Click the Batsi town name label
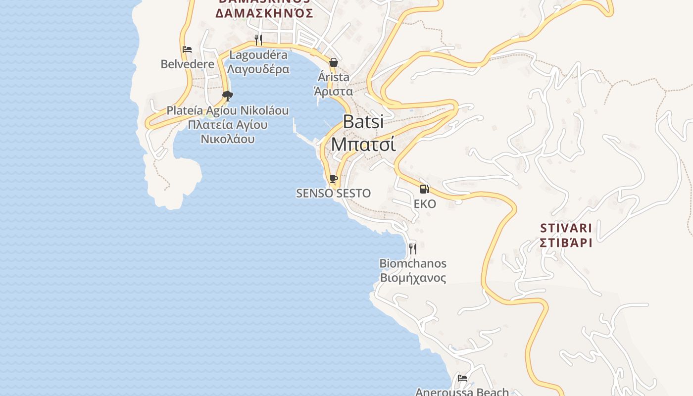(x=363, y=122)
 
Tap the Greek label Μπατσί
(x=363, y=144)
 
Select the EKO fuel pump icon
(x=424, y=189)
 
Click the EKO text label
(x=425, y=203)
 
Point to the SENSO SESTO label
(x=333, y=193)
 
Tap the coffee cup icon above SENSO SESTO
(x=333, y=179)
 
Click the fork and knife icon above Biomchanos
(x=412, y=248)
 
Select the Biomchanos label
(x=413, y=263)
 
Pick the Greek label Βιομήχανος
(x=413, y=277)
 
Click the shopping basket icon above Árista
(x=334, y=62)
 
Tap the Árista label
(x=334, y=77)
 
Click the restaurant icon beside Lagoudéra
(x=258, y=40)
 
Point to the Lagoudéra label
(x=258, y=55)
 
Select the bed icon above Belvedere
(x=187, y=49)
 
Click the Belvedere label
(x=188, y=64)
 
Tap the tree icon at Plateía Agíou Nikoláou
(x=227, y=96)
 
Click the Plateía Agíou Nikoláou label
(x=227, y=110)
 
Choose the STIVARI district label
(x=566, y=228)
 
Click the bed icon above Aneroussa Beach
(x=462, y=378)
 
